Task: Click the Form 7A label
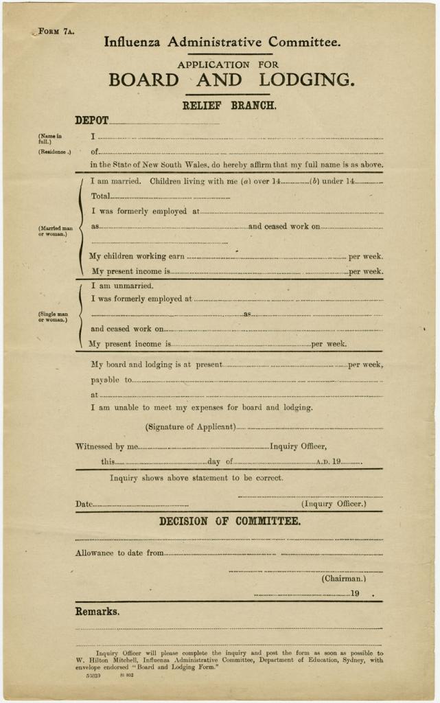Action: [56, 32]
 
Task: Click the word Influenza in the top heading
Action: [132, 42]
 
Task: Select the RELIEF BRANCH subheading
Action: [229, 106]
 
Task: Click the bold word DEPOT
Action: [91, 120]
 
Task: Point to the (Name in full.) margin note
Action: [49, 139]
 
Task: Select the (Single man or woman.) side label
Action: [53, 317]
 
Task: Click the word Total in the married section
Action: [100, 196]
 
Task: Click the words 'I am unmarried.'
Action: [122, 286]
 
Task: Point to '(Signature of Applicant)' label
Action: [190, 427]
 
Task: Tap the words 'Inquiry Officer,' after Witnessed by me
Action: [293, 446]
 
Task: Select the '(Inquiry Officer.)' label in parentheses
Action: [334, 504]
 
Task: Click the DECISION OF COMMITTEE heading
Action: [229, 522]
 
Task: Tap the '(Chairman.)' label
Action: [344, 579]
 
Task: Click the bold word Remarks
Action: [97, 612]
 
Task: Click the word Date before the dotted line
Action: [84, 505]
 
